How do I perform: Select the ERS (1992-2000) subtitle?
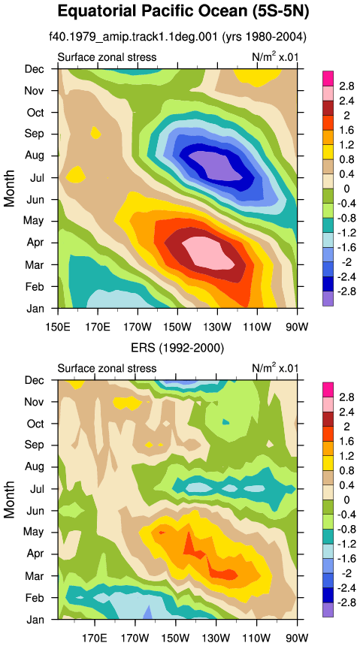click(x=177, y=349)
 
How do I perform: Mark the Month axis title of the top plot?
click(x=10, y=189)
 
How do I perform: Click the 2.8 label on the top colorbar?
click(x=346, y=86)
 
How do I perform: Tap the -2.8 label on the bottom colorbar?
click(x=344, y=602)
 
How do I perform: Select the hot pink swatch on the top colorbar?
click(x=328, y=78)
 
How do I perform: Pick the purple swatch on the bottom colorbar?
click(x=328, y=610)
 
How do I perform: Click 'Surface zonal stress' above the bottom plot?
click(x=107, y=368)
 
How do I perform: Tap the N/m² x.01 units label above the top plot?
click(x=274, y=56)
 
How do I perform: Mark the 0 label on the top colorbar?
click(x=346, y=189)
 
